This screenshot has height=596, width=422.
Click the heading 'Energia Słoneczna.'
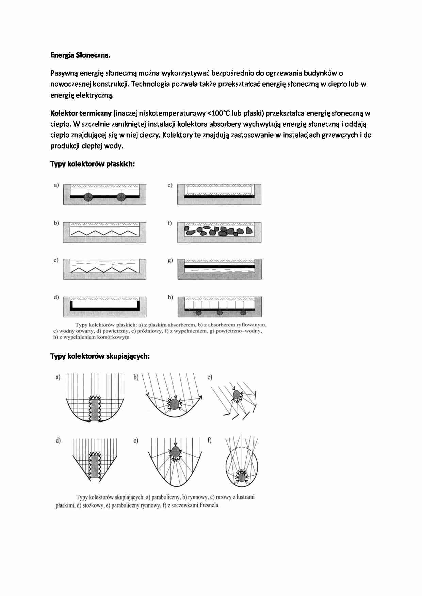point(80,55)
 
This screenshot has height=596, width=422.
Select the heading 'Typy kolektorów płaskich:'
point(93,164)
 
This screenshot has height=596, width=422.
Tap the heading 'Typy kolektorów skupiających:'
point(100,356)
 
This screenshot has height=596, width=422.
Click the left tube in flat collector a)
point(88,197)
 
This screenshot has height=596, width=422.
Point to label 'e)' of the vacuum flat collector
point(170,185)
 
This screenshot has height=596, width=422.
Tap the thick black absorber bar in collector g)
point(220,267)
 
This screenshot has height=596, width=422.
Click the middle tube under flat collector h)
point(220,312)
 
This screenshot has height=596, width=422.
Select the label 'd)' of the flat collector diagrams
point(56,297)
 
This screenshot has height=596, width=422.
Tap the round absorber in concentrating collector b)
point(174,404)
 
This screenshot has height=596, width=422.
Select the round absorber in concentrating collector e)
point(176,452)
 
